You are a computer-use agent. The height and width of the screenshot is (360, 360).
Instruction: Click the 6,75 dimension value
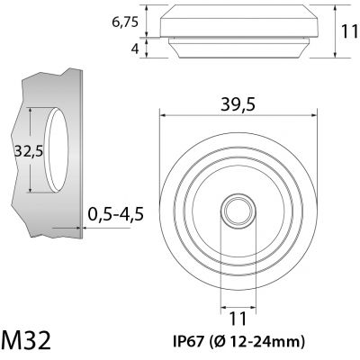(x=125, y=22)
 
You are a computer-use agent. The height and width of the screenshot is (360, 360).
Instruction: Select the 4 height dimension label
(x=135, y=49)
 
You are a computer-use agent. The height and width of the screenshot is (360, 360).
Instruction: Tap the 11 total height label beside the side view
(x=350, y=31)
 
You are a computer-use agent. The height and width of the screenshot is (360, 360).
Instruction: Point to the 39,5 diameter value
(x=238, y=104)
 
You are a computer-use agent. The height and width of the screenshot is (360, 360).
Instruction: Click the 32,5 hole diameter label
(x=29, y=150)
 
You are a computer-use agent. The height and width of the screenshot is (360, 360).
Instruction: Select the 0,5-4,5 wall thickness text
(x=116, y=214)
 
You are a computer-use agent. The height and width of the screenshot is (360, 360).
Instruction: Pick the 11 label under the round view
(x=238, y=319)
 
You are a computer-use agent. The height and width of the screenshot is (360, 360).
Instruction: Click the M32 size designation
(x=26, y=339)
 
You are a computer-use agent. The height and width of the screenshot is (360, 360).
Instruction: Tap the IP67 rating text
(x=189, y=341)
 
